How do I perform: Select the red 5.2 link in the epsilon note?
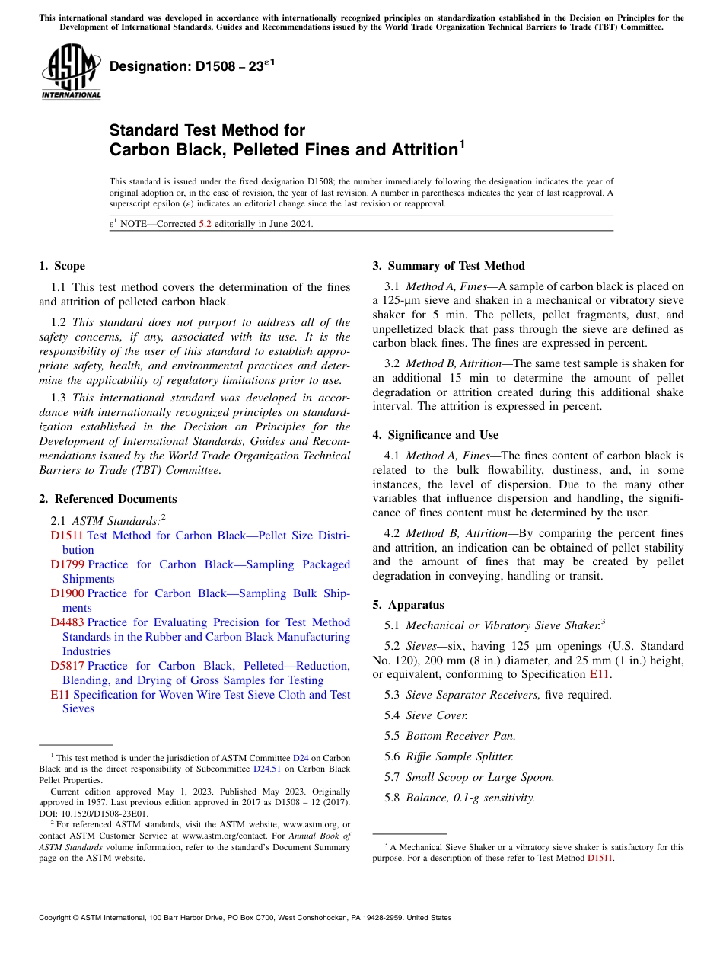pos(205,224)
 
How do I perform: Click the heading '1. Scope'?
pos(62,266)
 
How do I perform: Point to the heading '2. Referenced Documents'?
pos(107,499)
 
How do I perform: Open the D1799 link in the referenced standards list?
pos(67,564)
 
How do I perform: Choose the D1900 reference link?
pos(67,593)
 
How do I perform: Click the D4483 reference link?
pos(67,622)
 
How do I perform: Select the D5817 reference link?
pos(67,666)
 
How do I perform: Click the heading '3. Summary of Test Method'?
pos(448,266)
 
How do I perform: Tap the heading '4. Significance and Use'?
pos(435,435)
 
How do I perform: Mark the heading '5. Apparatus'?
pos(408,605)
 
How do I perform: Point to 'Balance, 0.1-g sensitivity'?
pos(470,798)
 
